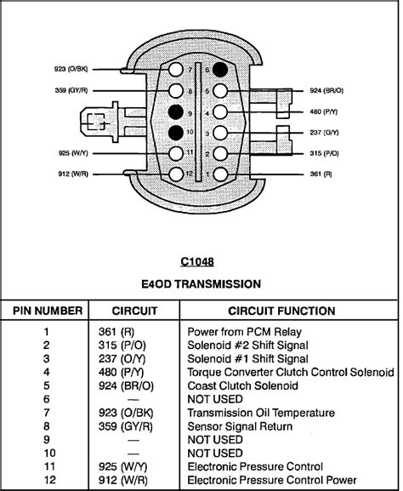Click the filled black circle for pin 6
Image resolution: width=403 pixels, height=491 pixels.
pos(220,70)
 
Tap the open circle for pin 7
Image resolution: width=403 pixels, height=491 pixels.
pos(175,70)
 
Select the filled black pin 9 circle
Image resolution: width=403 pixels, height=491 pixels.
pos(175,111)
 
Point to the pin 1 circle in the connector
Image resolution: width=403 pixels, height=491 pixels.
pos(220,174)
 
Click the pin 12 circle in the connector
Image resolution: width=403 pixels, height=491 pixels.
pos(175,174)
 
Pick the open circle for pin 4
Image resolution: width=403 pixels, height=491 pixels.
pos(220,111)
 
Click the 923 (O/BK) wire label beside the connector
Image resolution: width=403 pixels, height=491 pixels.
pos(71,69)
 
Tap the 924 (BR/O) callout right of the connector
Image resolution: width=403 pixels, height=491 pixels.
pos(326,90)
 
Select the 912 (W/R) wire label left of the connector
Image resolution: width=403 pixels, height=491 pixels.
pos(73,174)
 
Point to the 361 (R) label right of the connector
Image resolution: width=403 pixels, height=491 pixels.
pos(321,174)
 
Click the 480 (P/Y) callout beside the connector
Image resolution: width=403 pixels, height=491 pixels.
pos(324,111)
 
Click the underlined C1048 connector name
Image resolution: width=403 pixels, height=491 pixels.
pos(197,261)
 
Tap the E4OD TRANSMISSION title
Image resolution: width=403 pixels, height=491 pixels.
pos(201,284)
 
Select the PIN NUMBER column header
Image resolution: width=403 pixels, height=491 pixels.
pos(48,311)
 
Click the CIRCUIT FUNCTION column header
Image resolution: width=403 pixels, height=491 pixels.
pos(281,311)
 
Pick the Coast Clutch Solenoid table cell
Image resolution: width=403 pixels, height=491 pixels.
pos(242,385)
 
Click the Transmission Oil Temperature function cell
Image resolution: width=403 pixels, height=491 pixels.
pos(261,413)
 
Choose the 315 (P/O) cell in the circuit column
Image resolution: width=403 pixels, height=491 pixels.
pos(122,345)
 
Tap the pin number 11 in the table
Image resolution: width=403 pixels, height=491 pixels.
pos(49,466)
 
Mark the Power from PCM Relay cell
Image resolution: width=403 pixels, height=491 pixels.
pos(244,332)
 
